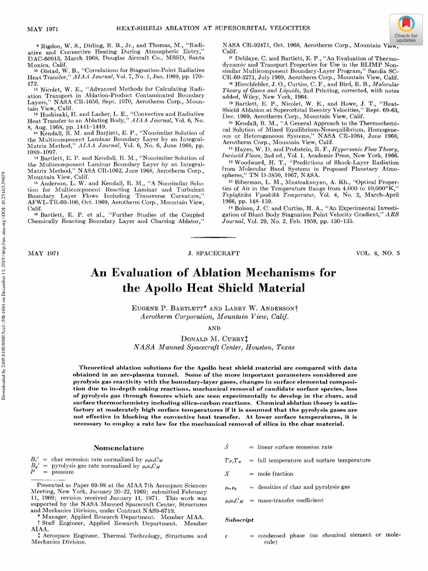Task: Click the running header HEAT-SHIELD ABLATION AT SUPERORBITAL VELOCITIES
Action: click(x=212, y=27)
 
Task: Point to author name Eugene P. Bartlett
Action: click(x=164, y=308)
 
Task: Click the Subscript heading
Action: click(x=239, y=520)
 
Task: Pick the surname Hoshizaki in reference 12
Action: click(x=57, y=112)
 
